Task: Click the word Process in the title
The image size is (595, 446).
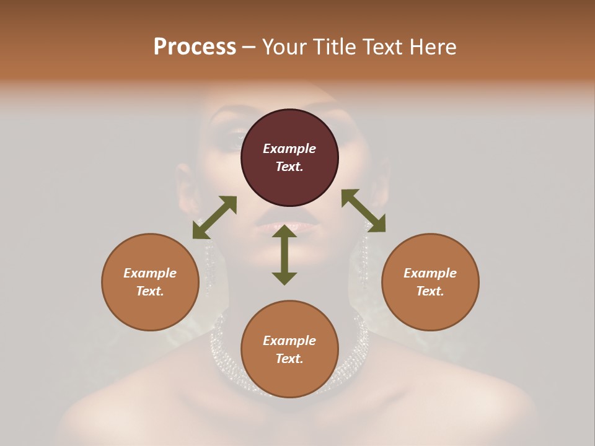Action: coord(195,47)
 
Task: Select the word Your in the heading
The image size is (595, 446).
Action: coord(283,47)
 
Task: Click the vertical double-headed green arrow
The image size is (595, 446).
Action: coord(284,255)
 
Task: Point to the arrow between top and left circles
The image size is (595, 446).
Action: coord(214,217)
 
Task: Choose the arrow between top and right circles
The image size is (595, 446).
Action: coord(363,211)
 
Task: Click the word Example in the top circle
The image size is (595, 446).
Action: coord(289,149)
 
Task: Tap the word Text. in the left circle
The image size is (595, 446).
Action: coord(150,291)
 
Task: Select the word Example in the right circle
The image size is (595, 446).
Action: coord(430,273)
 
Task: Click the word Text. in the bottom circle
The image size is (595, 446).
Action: coord(289,359)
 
